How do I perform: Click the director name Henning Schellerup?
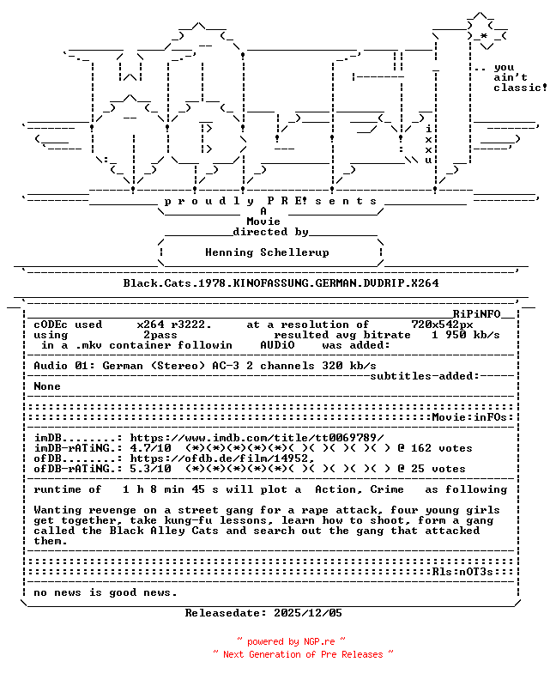267,252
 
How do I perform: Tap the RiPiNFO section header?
483,314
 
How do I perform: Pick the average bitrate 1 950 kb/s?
466,335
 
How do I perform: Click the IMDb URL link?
257,438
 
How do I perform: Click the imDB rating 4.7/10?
150,448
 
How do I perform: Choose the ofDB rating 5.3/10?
150,469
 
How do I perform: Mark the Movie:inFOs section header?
472,417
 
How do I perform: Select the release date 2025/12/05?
308,613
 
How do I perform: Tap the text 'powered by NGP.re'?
292,641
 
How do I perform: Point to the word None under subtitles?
47,386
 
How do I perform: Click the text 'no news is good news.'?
106,592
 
